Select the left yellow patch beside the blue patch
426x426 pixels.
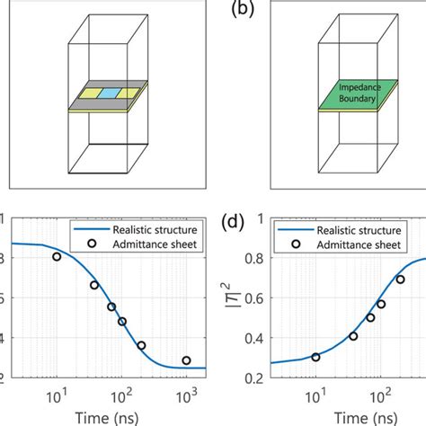(90, 93)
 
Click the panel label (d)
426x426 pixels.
(239, 218)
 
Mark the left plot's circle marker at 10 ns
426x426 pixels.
(57, 256)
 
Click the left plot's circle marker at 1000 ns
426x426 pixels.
(186, 360)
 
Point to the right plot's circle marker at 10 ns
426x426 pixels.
(315, 357)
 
